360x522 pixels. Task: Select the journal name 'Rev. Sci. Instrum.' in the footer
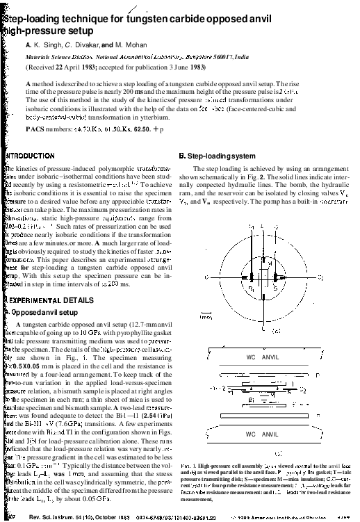(x=56, y=517)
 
